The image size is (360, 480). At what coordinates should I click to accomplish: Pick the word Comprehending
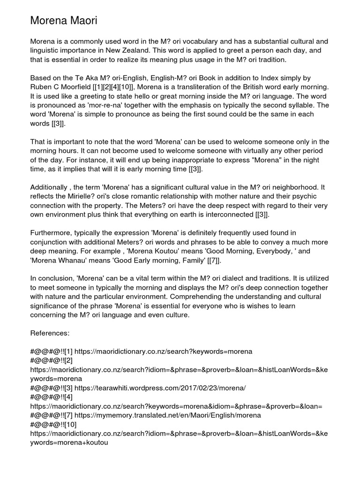tap(164, 296)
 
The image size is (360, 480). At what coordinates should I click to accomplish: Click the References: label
tap(50, 333)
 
